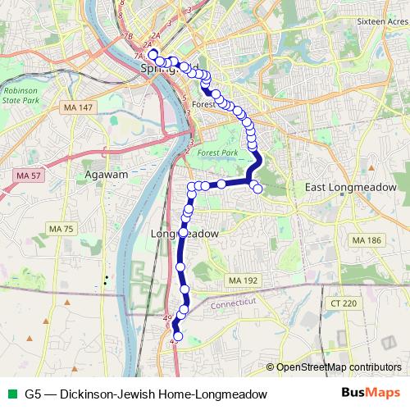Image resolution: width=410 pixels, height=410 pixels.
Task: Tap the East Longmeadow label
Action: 350,188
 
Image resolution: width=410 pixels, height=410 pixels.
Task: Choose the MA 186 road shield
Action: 367,240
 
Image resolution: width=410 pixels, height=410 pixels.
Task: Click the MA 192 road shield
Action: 244,280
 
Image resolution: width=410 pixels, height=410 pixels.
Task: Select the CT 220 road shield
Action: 345,303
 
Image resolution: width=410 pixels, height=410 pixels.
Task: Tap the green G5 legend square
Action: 10,394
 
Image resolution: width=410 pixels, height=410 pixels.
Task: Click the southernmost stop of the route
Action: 178,335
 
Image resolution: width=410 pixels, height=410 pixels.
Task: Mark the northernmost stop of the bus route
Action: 153,53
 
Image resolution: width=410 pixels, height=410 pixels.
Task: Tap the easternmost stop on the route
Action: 257,189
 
